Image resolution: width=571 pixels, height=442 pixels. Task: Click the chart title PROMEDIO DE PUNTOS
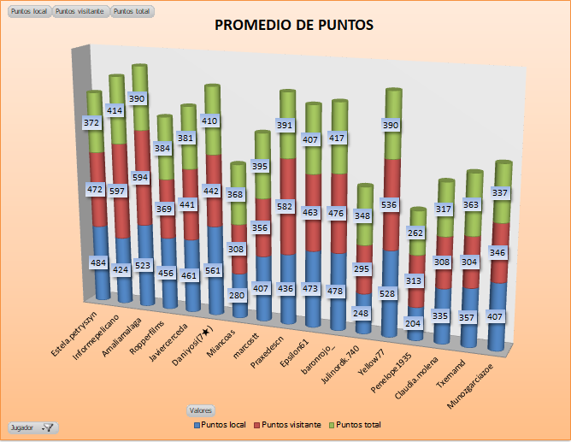click(x=293, y=26)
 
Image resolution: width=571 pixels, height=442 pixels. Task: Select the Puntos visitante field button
click(x=80, y=11)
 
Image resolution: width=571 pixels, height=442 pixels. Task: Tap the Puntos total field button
click(x=132, y=11)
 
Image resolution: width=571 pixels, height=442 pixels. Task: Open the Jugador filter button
click(x=32, y=427)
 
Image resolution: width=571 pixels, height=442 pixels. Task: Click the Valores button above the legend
click(x=202, y=410)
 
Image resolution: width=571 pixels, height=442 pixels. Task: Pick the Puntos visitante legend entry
click(x=291, y=425)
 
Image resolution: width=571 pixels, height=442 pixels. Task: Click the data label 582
click(x=285, y=207)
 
